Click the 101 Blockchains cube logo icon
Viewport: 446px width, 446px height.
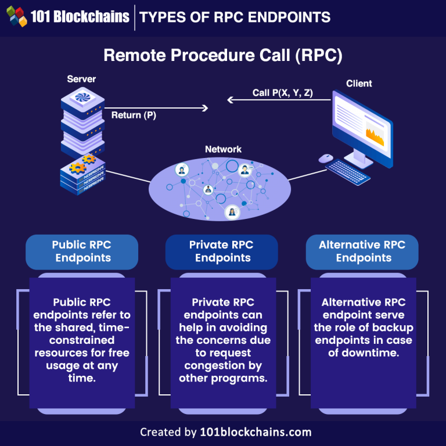click(x=17, y=16)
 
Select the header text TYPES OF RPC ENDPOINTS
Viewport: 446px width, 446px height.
click(x=235, y=17)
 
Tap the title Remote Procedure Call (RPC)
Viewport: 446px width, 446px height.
click(x=223, y=55)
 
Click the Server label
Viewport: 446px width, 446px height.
click(x=81, y=78)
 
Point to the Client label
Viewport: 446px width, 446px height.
click(x=359, y=83)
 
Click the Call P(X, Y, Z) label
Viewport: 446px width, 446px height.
click(x=282, y=92)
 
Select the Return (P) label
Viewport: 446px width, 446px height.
click(x=134, y=115)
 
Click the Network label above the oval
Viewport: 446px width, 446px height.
click(x=223, y=149)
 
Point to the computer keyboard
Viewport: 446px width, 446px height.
click(x=347, y=170)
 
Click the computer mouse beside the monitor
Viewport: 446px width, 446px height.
click(x=326, y=157)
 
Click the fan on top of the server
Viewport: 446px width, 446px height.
click(x=81, y=98)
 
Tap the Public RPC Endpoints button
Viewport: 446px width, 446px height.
click(x=82, y=251)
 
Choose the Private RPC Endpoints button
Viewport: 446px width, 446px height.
click(x=222, y=251)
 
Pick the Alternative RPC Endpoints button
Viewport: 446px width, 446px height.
click(x=362, y=251)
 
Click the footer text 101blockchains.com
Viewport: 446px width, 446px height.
click(x=256, y=432)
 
